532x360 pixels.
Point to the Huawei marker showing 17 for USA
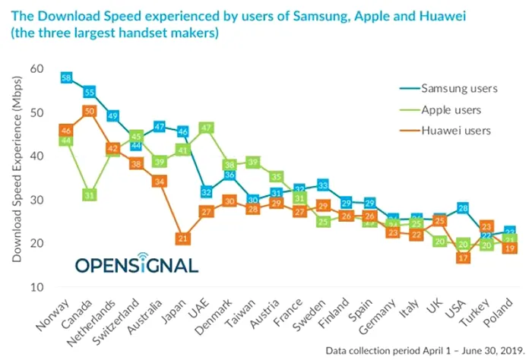pos(461,257)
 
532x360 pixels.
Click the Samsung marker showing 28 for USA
pos(461,208)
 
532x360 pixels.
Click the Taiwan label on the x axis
pos(241,311)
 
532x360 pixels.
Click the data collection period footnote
pos(426,351)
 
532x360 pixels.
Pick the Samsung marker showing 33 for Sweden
pos(322,185)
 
